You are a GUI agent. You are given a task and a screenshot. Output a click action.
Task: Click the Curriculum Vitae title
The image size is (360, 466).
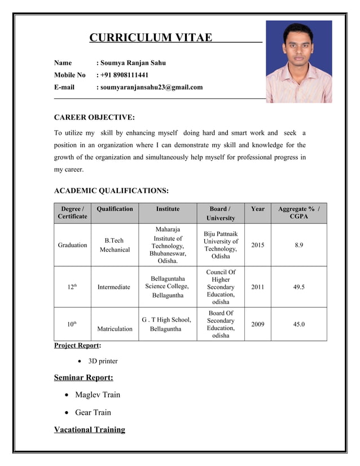[151, 38]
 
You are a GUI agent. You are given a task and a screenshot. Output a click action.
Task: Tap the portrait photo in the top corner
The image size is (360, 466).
[298, 61]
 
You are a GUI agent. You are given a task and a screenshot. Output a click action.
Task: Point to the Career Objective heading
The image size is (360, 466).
[94, 117]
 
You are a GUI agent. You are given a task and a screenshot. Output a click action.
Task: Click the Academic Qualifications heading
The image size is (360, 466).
[111, 191]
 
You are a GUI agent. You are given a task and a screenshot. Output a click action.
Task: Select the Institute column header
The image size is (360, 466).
[168, 209]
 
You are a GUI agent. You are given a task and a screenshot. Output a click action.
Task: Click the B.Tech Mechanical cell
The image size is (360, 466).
[115, 245]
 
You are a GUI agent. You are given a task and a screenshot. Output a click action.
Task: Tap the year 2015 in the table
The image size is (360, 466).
[257, 245]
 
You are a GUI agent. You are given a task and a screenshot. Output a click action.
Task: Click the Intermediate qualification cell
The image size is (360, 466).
[113, 287]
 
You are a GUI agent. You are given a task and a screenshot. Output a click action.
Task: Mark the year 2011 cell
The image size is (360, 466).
[257, 287]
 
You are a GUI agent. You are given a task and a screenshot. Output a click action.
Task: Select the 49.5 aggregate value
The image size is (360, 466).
[298, 287]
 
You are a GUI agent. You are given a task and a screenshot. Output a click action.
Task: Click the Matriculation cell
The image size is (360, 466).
[115, 328]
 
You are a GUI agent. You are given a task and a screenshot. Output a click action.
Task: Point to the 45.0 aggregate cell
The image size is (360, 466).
[298, 324]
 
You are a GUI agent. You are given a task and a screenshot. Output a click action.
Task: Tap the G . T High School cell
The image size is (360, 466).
[167, 324]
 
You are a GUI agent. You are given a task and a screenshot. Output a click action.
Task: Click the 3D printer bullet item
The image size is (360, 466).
[103, 361]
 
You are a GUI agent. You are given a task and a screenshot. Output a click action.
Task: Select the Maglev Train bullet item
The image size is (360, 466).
[98, 394]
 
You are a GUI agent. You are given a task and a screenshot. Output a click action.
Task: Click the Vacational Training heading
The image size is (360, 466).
[89, 430]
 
